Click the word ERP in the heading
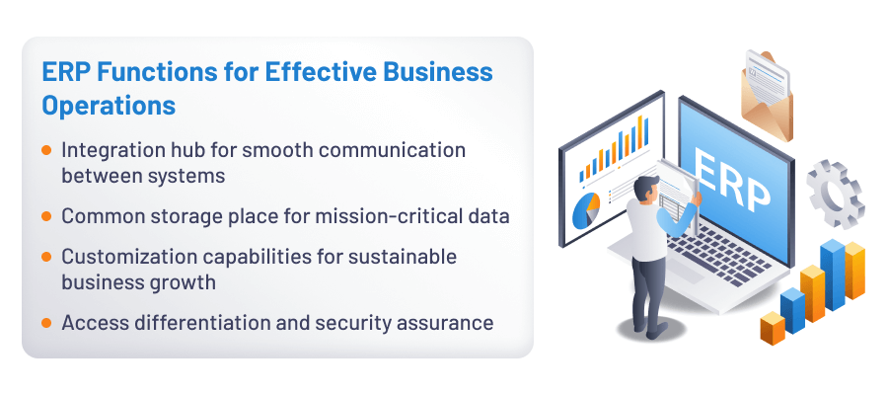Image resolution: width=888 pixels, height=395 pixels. coord(64,72)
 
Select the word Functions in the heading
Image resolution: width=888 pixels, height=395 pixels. coord(150,72)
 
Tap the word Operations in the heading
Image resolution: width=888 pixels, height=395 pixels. coord(109,104)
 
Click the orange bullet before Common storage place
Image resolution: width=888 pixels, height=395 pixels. coord(46,215)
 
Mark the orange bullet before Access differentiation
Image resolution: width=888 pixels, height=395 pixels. coord(46,322)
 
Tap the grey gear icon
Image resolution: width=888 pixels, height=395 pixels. coord(835,192)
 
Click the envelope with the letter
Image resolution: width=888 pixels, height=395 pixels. coord(775,94)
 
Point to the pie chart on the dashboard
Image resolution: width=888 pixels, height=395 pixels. coord(586,209)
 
